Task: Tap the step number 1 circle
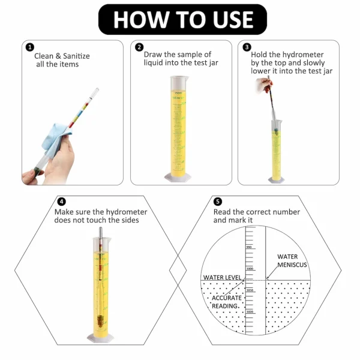[x=29, y=47]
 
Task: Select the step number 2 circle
[x=139, y=47]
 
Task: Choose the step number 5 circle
[x=218, y=202]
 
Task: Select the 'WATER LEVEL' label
[x=222, y=277]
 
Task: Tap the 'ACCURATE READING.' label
[x=227, y=301]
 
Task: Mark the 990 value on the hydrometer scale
[x=248, y=247]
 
